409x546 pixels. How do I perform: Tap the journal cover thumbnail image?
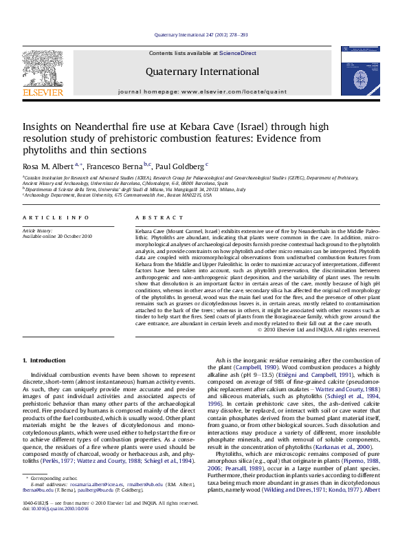(x=359, y=72)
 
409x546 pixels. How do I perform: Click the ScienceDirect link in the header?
(x=238, y=53)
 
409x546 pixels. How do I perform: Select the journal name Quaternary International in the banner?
(x=202, y=72)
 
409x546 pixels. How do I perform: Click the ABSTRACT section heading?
(x=155, y=217)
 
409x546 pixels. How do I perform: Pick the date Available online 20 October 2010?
(x=57, y=236)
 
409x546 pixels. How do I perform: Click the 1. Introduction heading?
(x=44, y=360)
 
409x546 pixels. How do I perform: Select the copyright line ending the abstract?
(x=318, y=329)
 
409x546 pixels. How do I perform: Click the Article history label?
(x=39, y=230)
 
